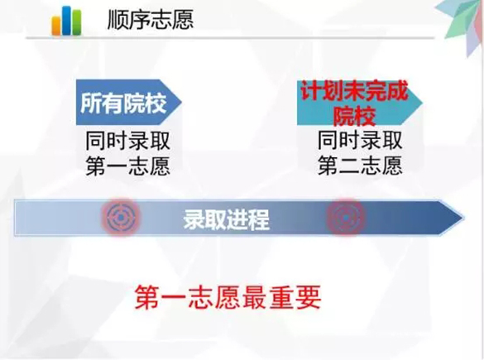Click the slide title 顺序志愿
(151, 20)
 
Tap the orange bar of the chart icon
(56, 26)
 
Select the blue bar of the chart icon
(67, 20)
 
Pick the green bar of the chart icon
(77, 22)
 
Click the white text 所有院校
(123, 103)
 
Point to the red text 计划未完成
(354, 91)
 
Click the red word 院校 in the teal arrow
(354, 116)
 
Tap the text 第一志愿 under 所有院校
(128, 166)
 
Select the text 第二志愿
(360, 166)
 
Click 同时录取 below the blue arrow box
(128, 141)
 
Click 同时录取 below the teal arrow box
(360, 140)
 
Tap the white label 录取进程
(226, 219)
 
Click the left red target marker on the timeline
(121, 218)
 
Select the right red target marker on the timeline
(346, 218)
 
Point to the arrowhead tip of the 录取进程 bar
(463, 218)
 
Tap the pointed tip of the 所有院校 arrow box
(181, 102)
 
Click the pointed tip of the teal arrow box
(422, 103)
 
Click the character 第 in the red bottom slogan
(146, 297)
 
